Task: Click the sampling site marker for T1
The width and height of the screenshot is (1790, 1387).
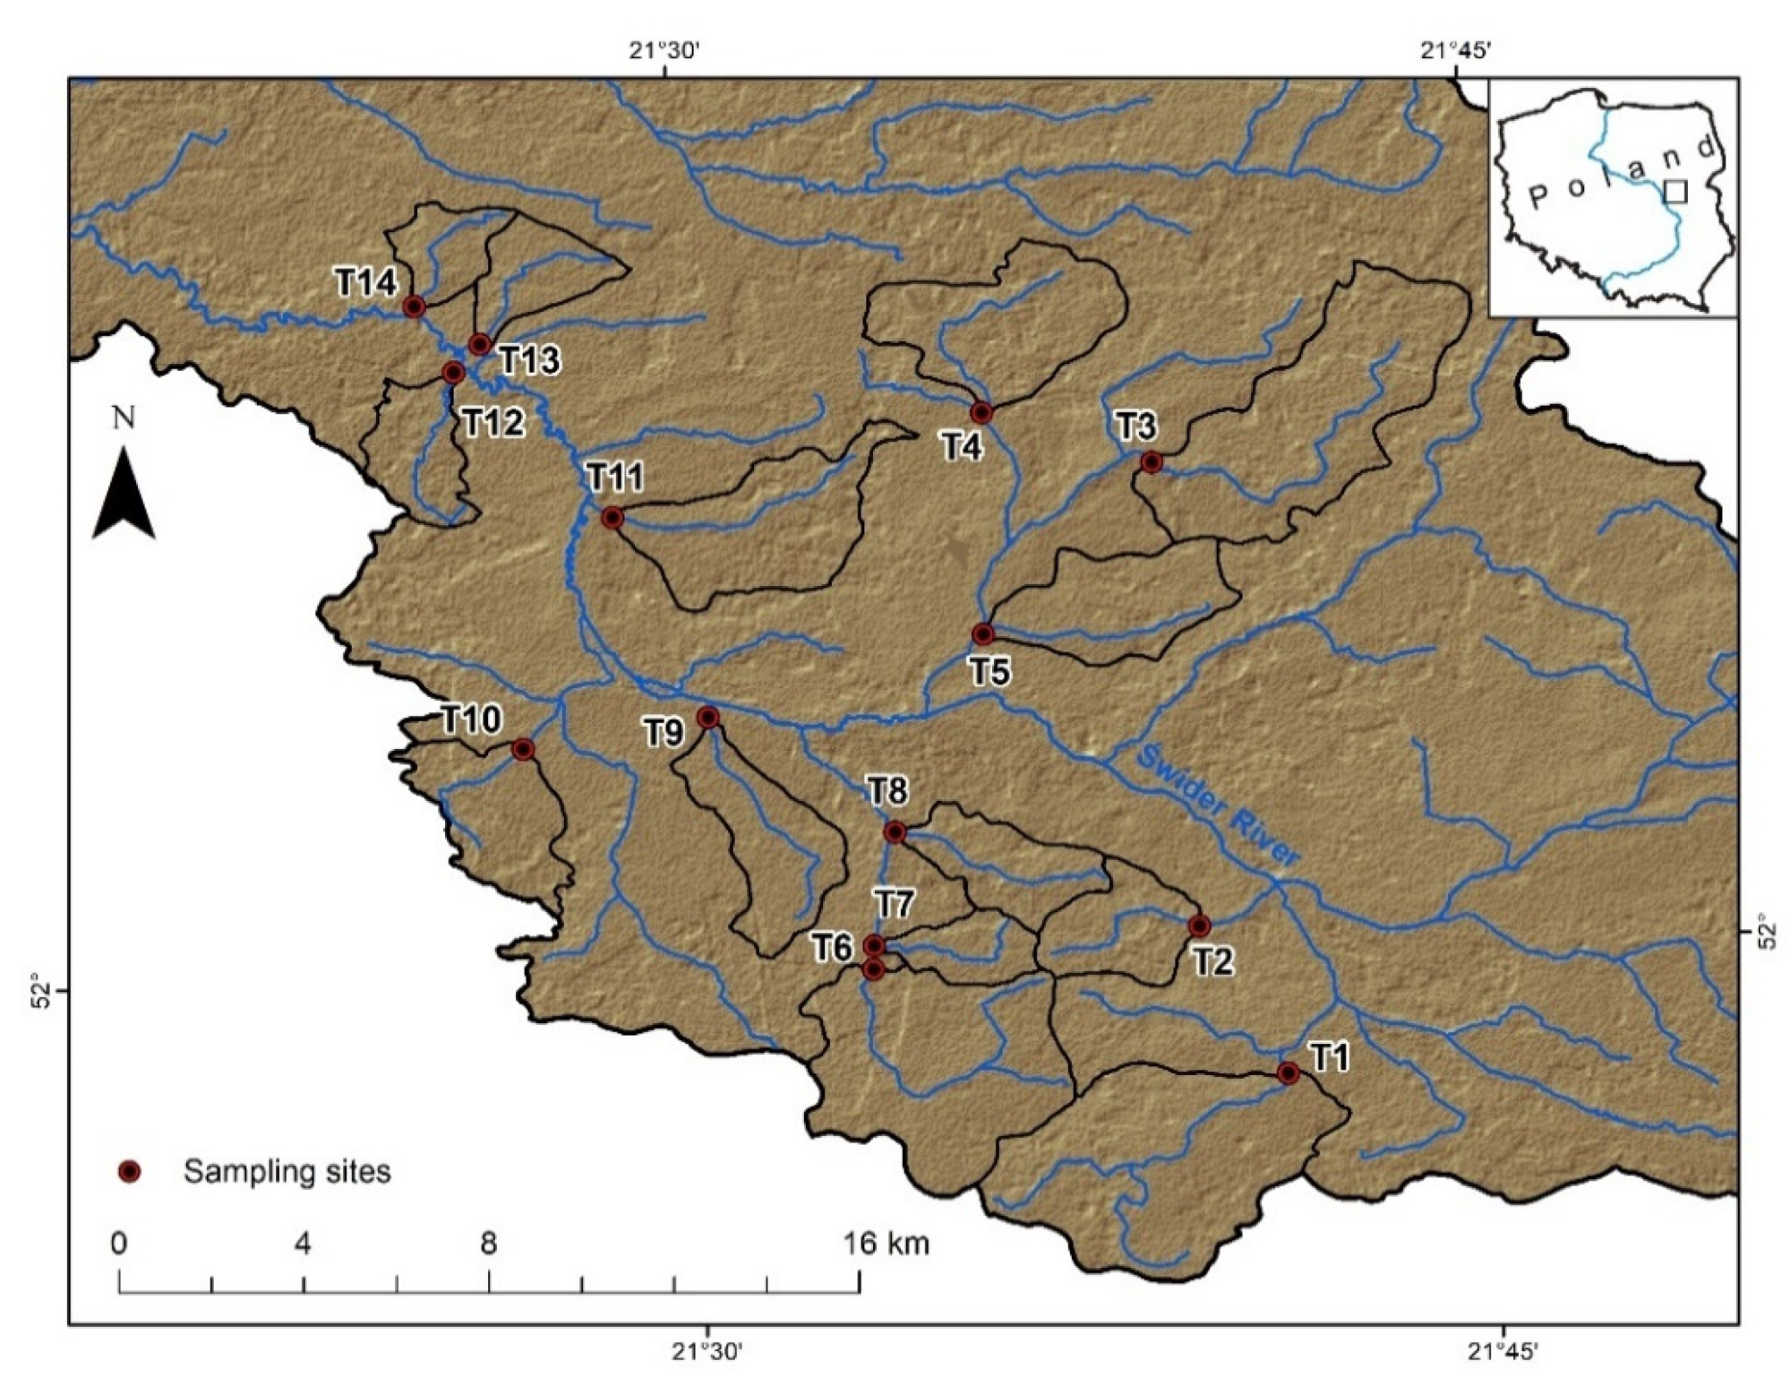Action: (1288, 1073)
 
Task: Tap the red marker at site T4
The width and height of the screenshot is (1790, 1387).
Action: (981, 413)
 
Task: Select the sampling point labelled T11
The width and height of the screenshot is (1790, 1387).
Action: (612, 517)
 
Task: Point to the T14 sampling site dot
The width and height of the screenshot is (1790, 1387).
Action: (414, 306)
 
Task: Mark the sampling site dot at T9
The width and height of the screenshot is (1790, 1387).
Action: (707, 717)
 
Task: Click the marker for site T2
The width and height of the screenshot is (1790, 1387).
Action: (1199, 926)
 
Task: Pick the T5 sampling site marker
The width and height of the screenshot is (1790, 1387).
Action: (983, 634)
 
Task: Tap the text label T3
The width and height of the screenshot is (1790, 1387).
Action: (1135, 427)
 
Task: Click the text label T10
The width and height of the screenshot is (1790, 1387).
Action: (471, 719)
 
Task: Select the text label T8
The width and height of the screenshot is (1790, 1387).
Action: (886, 790)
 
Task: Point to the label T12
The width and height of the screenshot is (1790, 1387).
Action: (493, 422)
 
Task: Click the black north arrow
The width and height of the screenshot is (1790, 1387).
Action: (124, 497)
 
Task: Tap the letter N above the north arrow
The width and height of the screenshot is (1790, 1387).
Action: (124, 418)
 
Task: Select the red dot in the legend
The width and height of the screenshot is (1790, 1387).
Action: (131, 1171)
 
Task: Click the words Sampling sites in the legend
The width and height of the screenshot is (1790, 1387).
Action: (287, 1171)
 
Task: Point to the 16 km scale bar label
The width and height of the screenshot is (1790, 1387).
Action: (886, 1243)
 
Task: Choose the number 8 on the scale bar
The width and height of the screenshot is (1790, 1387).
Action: (488, 1243)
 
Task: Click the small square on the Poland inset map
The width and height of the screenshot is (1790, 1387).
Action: (1674, 191)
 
